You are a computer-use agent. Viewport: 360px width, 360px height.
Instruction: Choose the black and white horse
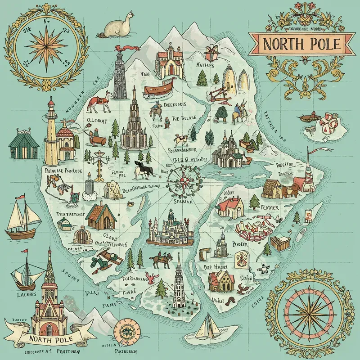tap(144, 169)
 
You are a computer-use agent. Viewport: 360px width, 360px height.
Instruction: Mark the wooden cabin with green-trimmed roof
tap(100, 216)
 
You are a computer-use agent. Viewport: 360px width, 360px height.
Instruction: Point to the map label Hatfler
tap(206, 66)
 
